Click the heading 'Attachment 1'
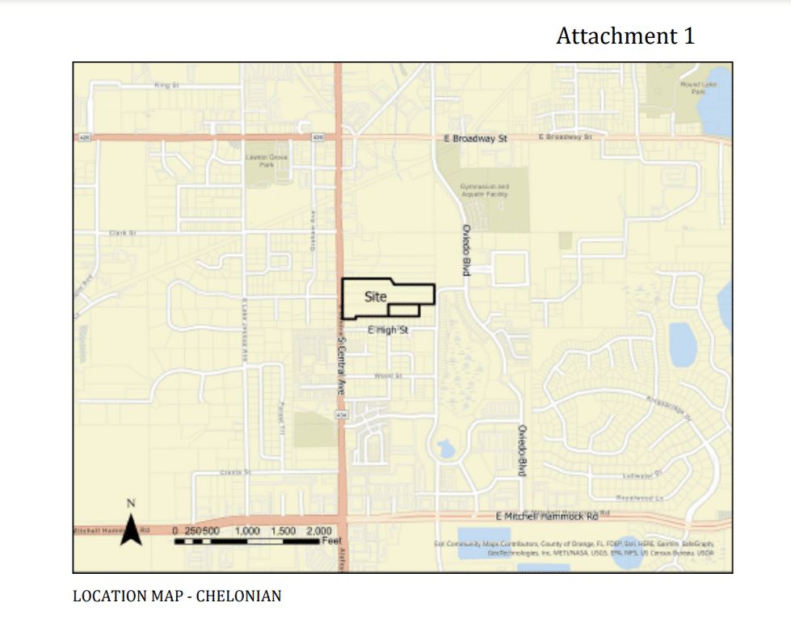click(625, 36)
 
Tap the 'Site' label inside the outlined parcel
click(376, 297)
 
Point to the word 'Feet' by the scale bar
click(332, 540)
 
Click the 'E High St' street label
click(388, 330)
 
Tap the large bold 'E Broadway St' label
click(475, 139)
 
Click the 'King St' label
click(166, 84)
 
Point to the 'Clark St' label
click(123, 233)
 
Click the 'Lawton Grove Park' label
click(261, 160)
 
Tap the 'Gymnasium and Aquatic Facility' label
click(484, 190)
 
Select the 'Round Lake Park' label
click(693, 87)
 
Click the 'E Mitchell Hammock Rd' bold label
click(547, 516)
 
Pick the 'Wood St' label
click(389, 376)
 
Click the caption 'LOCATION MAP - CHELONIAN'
click(177, 596)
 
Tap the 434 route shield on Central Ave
click(341, 414)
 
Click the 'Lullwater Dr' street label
click(642, 474)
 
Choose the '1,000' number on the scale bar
click(246, 531)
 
